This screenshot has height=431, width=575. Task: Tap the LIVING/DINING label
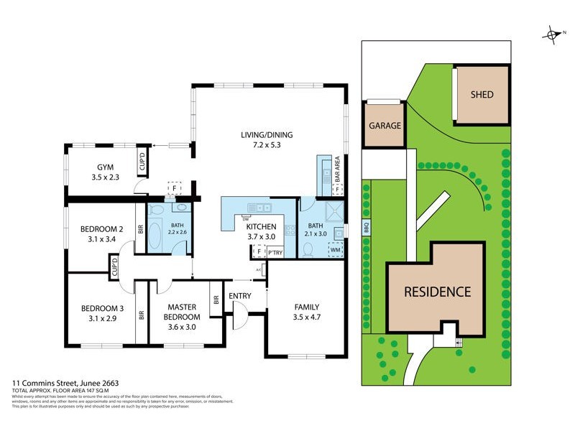[267, 134]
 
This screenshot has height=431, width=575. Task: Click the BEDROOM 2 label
[101, 229]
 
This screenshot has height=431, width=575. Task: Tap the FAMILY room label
[306, 307]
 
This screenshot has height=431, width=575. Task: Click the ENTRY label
[239, 296]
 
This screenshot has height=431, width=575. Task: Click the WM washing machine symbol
[335, 250]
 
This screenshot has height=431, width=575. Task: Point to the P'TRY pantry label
[274, 252]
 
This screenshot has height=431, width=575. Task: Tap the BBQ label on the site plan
[365, 229]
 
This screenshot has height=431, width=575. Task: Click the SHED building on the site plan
[482, 95]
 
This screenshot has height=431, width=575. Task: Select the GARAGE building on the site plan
[385, 125]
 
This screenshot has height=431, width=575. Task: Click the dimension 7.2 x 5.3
[267, 144]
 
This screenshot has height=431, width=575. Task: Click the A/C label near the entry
[259, 270]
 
